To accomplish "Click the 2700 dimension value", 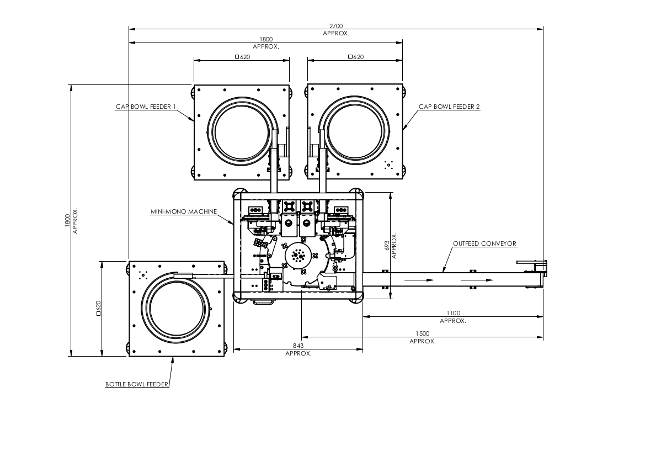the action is (335, 26).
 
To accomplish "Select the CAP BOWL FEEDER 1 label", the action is (146, 107).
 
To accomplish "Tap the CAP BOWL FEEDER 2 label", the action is (449, 107).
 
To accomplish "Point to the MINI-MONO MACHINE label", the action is (184, 211).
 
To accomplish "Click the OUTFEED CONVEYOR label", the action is (484, 243).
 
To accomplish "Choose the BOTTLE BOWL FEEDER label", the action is (137, 384).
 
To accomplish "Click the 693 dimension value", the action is (387, 246).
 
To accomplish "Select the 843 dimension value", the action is (298, 346).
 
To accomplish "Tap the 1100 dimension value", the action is (454, 313).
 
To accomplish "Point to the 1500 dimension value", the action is (423, 334).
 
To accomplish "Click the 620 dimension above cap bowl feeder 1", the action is (243, 57).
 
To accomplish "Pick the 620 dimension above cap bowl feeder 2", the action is (356, 57).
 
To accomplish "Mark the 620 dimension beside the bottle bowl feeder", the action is (98, 308).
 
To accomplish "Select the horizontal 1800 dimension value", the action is (266, 40).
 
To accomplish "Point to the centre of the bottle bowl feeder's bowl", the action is (177, 308).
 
